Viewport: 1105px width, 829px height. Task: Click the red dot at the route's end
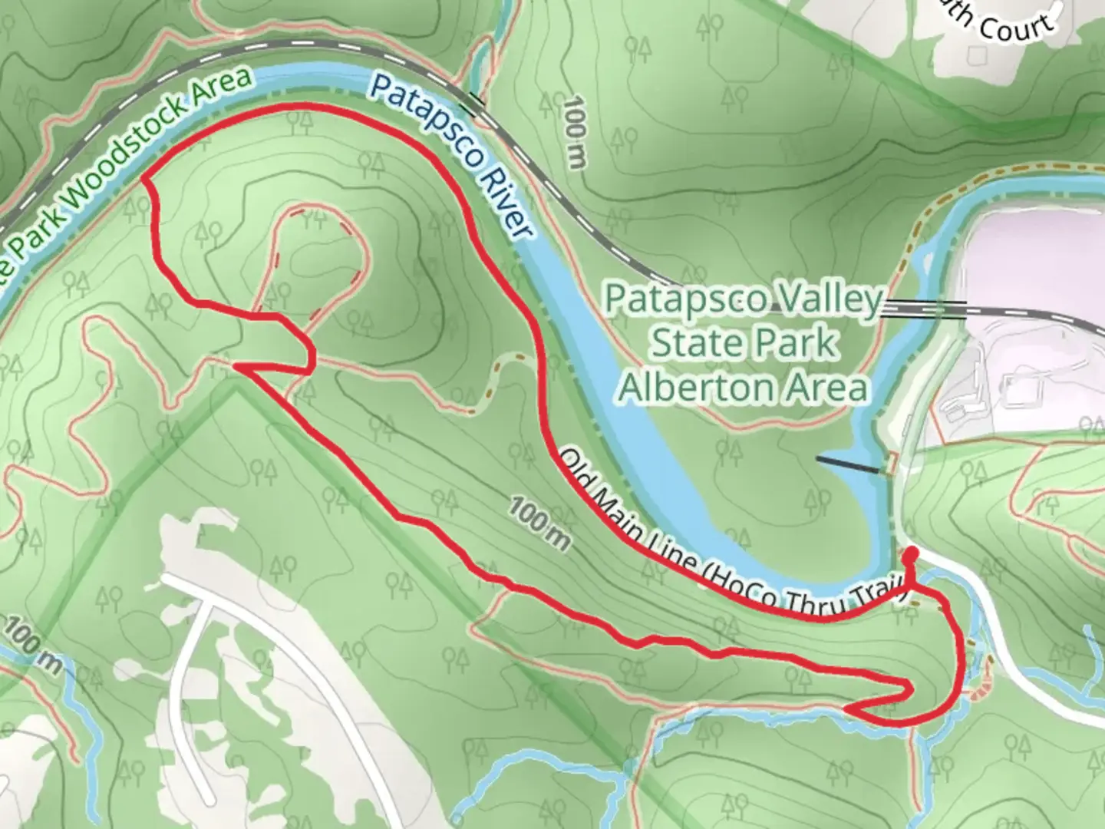912,555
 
